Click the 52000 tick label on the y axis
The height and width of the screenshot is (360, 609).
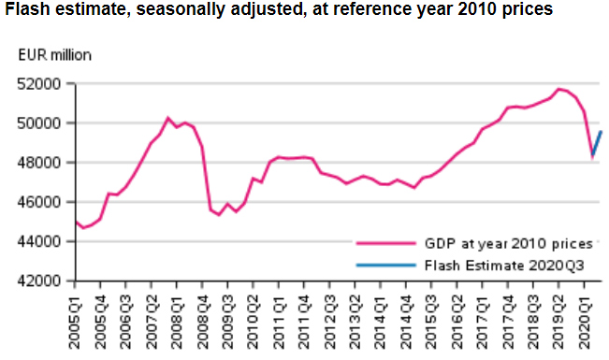(40, 84)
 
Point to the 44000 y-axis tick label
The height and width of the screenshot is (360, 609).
(40, 241)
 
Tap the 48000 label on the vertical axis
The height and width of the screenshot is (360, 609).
(40, 163)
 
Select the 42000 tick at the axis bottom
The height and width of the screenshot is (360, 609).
(40, 281)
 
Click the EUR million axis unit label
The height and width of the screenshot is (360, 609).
(54, 53)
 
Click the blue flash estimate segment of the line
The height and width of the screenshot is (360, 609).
(596, 144)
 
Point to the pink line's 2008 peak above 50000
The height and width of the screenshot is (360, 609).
(167, 118)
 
